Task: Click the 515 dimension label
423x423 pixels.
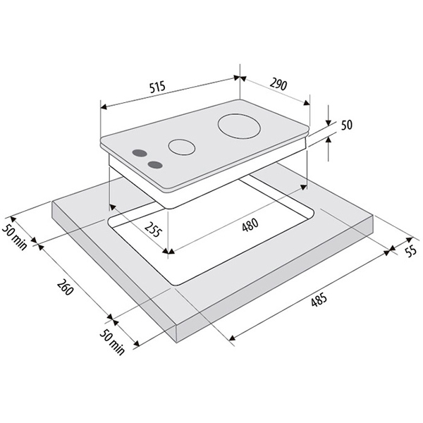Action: coord(157,87)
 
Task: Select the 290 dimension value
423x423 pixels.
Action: coord(278,85)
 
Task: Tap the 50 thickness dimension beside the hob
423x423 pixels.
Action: coord(347,125)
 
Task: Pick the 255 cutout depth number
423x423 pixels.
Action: coord(153,229)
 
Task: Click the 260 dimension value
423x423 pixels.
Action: coord(65,288)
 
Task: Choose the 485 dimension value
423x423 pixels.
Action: coord(319,299)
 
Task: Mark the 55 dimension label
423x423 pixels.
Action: coord(411,252)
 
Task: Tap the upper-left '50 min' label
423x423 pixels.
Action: coord(15,237)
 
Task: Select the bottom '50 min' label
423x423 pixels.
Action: coord(113,341)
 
